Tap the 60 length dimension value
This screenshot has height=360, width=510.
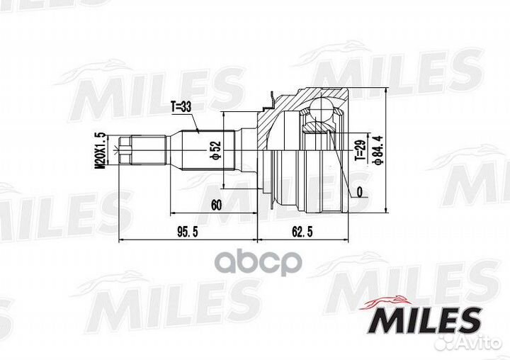[x=216, y=206]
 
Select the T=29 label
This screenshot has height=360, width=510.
[x=360, y=150]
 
